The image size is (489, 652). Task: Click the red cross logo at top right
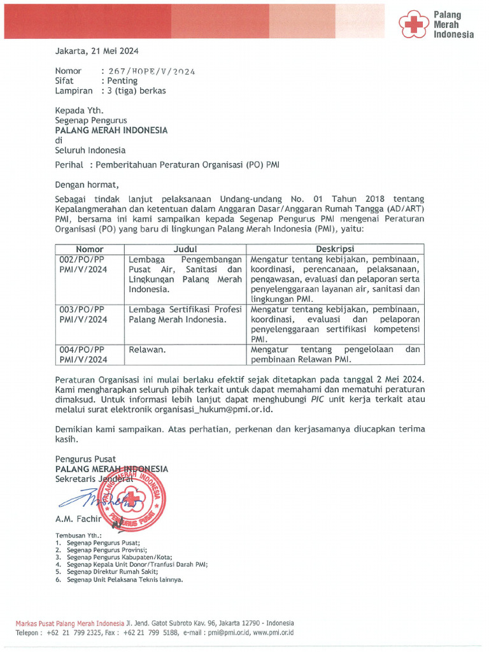415,25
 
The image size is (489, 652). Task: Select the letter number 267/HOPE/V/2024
152,71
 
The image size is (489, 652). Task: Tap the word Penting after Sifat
122,81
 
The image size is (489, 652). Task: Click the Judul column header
185,250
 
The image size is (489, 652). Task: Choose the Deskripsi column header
335,250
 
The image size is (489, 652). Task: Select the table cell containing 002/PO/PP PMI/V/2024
83,265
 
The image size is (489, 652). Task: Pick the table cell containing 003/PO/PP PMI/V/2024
83,315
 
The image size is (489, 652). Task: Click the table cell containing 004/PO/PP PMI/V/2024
83,355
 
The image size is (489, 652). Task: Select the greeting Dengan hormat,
87,185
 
